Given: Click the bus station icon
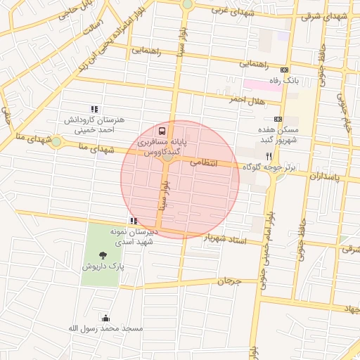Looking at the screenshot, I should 163,131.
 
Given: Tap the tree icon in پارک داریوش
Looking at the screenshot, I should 104,256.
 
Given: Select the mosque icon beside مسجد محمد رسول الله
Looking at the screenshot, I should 106,319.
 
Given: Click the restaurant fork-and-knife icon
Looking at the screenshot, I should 269,155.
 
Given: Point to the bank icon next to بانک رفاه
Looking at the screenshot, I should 284,70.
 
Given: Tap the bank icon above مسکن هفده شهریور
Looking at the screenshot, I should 277,119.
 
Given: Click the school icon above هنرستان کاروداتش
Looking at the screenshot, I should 94,109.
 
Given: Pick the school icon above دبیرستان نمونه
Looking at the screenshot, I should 134,221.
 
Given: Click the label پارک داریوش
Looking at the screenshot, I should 104,267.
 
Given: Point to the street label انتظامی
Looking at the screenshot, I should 206,163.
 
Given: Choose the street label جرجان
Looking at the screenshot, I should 229,281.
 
